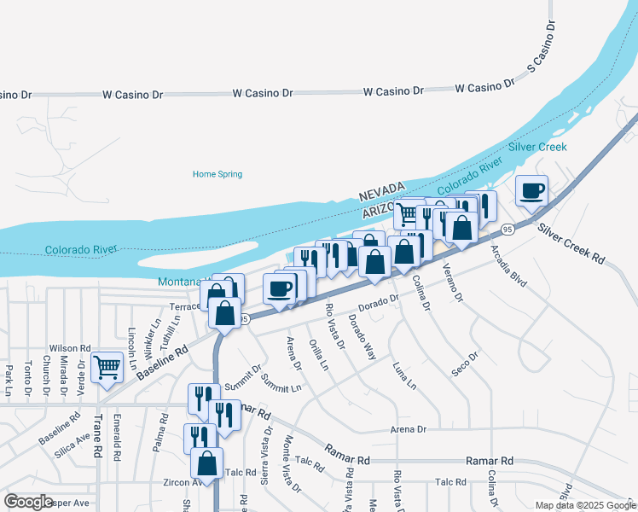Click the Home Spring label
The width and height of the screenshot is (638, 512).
pyautogui.click(x=217, y=174)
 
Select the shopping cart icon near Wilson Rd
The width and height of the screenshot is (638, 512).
pyautogui.click(x=107, y=367)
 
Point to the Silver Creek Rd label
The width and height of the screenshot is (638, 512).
pyautogui.click(x=571, y=243)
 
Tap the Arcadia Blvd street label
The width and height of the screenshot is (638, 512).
pyautogui.click(x=508, y=266)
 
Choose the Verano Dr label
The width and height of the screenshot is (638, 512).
pyautogui.click(x=452, y=284)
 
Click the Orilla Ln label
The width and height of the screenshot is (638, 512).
pyautogui.click(x=319, y=353)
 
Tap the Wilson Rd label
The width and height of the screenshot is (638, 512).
pyautogui.click(x=70, y=348)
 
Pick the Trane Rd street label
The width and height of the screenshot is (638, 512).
pyautogui.click(x=98, y=438)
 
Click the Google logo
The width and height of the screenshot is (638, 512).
pyautogui.click(x=28, y=502)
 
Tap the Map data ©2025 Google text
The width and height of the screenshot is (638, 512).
pyautogui.click(x=584, y=505)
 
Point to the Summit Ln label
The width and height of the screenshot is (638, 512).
pyautogui.click(x=281, y=383)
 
